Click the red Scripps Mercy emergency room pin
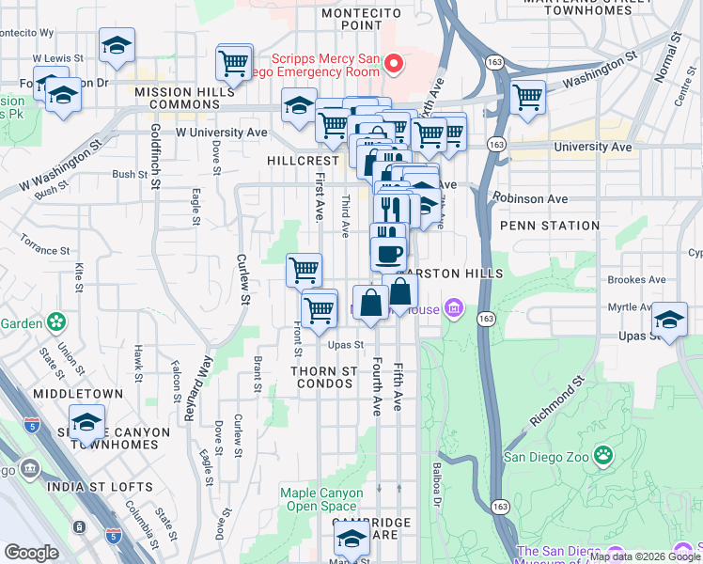[394, 64]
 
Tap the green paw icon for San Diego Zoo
[602, 458]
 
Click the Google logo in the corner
[31, 552]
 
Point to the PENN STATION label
[550, 226]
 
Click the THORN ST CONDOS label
[324, 378]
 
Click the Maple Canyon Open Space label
[320, 498]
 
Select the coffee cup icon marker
[387, 253]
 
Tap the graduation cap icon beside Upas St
[669, 319]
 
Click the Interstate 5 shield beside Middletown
[31, 425]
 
